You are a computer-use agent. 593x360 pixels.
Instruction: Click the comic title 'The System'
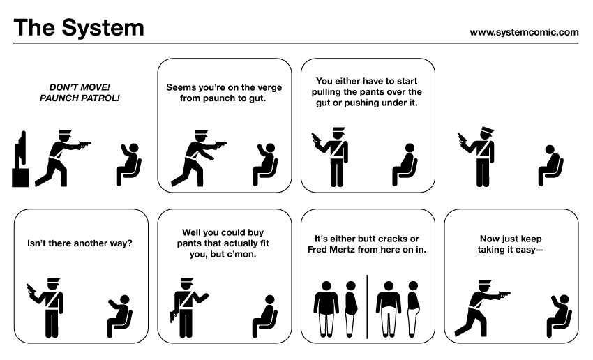click(79, 28)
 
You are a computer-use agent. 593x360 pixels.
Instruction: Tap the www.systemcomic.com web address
click(524, 33)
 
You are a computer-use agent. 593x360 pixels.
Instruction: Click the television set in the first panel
click(20, 159)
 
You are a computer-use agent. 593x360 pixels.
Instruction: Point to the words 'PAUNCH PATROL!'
click(80, 98)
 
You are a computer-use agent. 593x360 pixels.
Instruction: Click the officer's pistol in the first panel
click(84, 144)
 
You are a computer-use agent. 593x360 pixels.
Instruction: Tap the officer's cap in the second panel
click(202, 133)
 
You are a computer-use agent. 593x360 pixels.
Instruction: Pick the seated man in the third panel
click(405, 165)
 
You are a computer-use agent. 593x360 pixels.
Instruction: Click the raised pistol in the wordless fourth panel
click(462, 138)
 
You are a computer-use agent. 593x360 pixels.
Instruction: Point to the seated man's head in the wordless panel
click(550, 149)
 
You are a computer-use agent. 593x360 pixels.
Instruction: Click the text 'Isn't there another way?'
click(80, 243)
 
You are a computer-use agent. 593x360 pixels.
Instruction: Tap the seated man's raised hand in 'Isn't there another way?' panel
click(112, 303)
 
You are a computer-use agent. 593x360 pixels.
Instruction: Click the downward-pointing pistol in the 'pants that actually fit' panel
click(173, 316)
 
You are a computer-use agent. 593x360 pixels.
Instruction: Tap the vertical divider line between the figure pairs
click(367, 307)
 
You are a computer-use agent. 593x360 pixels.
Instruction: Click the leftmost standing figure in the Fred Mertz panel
click(326, 309)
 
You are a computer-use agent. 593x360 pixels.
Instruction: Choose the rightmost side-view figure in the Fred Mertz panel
click(414, 309)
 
